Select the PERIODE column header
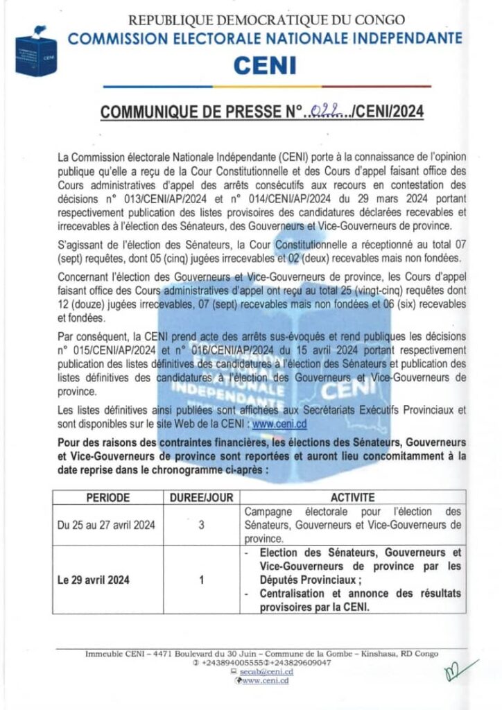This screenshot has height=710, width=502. click(x=107, y=498)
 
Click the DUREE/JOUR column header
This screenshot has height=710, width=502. click(x=201, y=498)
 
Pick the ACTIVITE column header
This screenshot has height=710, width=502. click(x=353, y=498)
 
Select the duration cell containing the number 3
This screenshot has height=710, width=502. click(x=201, y=525)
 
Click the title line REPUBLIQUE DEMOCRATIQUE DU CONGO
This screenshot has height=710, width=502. click(x=268, y=21)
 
